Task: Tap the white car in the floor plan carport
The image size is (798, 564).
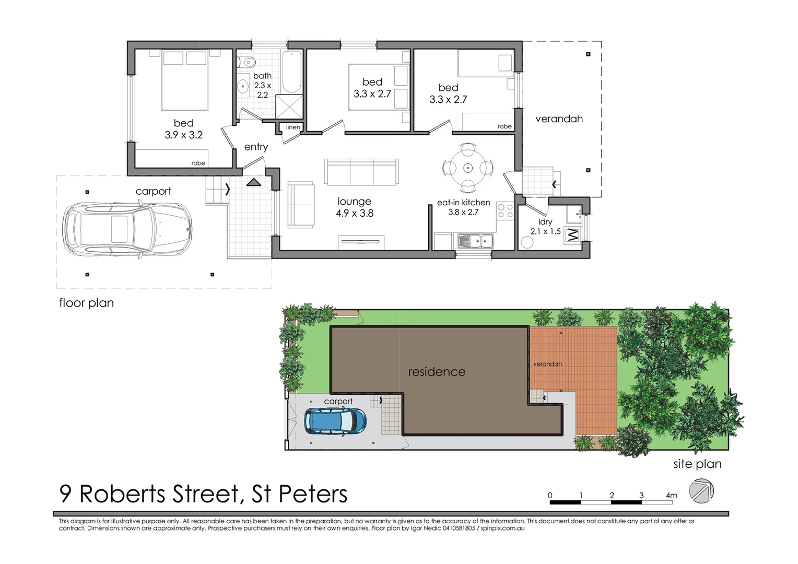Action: (x=127, y=230)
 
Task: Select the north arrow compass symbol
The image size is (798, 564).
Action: (x=701, y=492)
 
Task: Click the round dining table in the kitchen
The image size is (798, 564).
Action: (x=467, y=168)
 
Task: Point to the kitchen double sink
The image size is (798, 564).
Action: (x=475, y=241)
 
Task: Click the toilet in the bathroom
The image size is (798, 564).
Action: (x=249, y=63)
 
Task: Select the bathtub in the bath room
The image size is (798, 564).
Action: (x=292, y=72)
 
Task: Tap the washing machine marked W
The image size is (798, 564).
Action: (x=573, y=234)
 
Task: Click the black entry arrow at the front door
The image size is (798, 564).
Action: (x=254, y=182)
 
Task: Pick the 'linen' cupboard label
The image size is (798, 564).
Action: (x=293, y=127)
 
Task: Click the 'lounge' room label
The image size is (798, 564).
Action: (x=354, y=202)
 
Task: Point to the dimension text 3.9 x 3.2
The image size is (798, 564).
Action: (x=183, y=135)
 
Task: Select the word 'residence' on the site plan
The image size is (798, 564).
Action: (x=437, y=372)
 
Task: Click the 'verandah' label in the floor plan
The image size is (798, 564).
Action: (x=559, y=119)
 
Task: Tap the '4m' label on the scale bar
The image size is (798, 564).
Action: (x=671, y=495)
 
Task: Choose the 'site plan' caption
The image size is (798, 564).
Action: (x=697, y=464)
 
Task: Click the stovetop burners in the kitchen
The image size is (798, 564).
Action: (x=505, y=211)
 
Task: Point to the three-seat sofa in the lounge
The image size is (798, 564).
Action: (x=361, y=172)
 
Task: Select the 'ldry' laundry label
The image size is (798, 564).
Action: (x=545, y=222)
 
